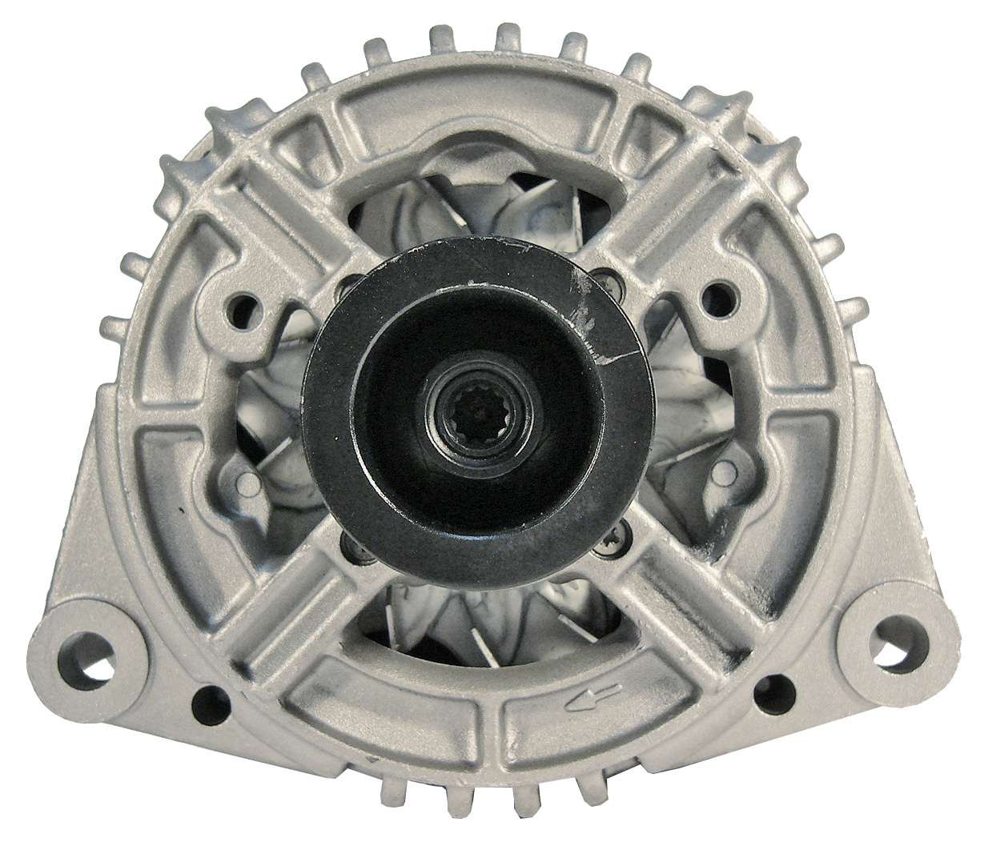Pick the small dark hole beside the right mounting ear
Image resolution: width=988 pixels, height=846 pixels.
pyautogui.click(x=775, y=687)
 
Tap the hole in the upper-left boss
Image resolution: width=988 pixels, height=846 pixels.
pyautogui.click(x=245, y=305)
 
